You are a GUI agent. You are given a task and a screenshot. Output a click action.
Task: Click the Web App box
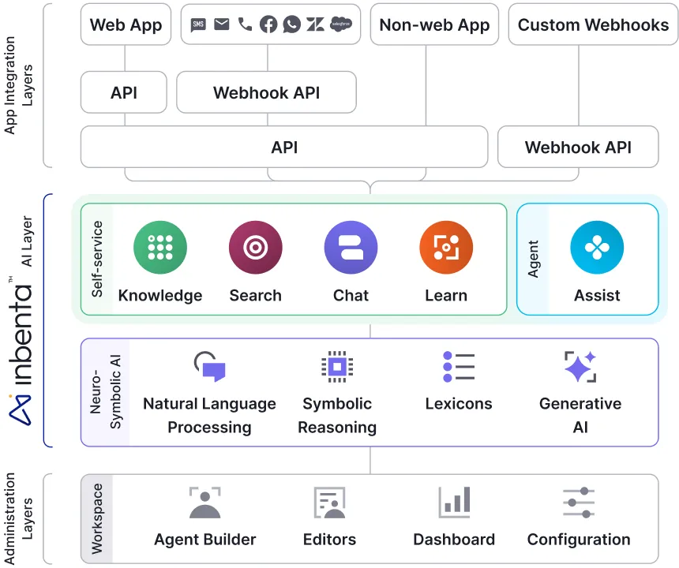(126, 24)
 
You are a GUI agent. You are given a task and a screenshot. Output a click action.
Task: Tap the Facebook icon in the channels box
(268, 24)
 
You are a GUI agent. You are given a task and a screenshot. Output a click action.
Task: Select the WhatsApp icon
(292, 24)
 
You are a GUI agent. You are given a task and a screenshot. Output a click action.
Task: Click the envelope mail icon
(222, 24)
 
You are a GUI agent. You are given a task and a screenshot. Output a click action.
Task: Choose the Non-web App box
(434, 24)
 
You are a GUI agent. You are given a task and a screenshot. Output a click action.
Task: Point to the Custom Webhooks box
(593, 24)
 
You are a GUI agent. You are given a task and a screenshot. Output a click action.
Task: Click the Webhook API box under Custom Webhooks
(578, 147)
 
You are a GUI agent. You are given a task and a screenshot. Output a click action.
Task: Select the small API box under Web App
(124, 92)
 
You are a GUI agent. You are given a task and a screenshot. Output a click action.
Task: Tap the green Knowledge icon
(160, 248)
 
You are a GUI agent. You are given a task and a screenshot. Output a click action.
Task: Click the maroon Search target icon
(255, 248)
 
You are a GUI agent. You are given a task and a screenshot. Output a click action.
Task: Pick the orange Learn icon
(446, 248)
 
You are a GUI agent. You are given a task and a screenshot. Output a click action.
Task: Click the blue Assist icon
(597, 248)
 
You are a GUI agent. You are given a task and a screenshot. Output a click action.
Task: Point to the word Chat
(351, 296)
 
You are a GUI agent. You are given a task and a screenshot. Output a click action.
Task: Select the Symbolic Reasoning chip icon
(337, 367)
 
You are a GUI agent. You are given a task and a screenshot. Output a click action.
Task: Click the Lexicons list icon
(459, 367)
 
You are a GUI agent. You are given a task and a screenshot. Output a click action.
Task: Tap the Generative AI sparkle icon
(580, 367)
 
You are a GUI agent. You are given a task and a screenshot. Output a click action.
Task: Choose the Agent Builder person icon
(205, 503)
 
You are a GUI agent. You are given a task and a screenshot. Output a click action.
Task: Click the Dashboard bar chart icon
(455, 503)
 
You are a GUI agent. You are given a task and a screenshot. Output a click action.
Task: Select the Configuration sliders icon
(579, 503)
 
